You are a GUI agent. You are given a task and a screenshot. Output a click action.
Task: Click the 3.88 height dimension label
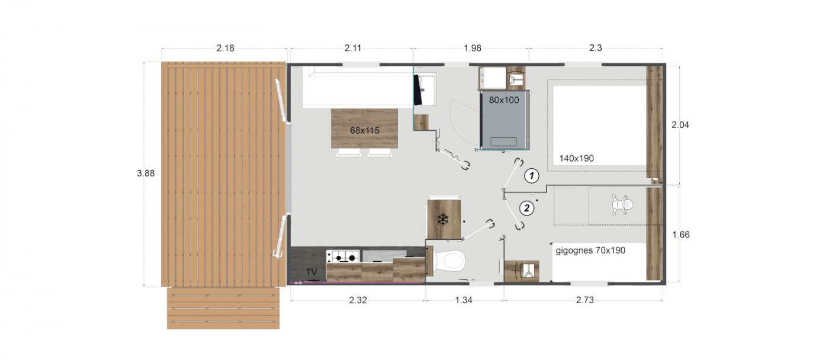tap(146, 173)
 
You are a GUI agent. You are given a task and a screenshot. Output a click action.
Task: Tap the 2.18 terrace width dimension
tap(226, 48)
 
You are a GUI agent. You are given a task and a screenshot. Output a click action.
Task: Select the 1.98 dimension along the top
tap(473, 48)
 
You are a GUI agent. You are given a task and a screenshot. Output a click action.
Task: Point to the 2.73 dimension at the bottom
tap(585, 300)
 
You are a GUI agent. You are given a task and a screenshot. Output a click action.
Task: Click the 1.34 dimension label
tap(463, 300)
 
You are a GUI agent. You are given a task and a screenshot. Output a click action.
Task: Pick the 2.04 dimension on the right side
tap(680, 125)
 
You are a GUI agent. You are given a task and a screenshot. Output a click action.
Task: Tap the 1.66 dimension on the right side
tap(681, 234)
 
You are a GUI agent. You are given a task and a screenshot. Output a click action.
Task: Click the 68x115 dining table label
tap(365, 130)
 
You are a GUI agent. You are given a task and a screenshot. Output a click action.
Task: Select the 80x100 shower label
tap(504, 100)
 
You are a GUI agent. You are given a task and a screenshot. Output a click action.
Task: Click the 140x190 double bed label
tap(577, 158)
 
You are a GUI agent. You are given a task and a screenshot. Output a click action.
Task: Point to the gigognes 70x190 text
tap(591, 250)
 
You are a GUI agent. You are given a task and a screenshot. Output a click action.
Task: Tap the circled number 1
tap(532, 175)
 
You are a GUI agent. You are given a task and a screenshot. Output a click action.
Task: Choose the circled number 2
tap(526, 208)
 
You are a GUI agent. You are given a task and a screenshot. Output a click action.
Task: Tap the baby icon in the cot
tap(623, 205)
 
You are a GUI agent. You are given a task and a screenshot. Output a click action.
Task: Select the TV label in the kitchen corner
tap(311, 272)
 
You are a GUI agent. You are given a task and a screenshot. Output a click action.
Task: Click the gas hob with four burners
tap(343, 256)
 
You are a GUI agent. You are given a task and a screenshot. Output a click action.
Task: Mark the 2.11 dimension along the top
tap(353, 48)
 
